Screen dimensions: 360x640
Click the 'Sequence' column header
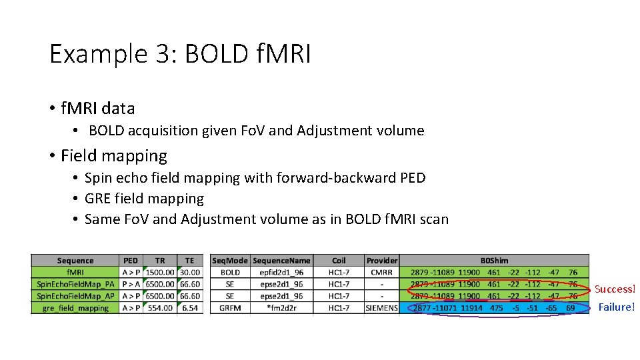coord(75,261)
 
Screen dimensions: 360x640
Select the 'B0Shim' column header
coord(494,261)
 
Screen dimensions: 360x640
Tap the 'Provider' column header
coord(382,261)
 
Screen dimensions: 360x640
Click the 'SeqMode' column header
coord(230,261)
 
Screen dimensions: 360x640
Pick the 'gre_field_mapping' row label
coord(75,308)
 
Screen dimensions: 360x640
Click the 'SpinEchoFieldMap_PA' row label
coord(75,284)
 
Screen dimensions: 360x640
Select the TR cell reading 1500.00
coord(160,272)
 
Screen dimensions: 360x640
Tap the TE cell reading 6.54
coord(190,308)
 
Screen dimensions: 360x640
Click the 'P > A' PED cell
coord(131,284)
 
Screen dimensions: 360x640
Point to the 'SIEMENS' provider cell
coord(382,308)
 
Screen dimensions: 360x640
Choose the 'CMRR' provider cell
coord(382,272)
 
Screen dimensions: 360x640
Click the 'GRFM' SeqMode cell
coord(230,308)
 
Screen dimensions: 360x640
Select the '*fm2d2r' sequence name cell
coord(281,308)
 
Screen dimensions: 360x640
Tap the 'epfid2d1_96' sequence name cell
coord(281,272)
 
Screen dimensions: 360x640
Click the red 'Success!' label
coord(615,289)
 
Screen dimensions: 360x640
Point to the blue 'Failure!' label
coord(616,307)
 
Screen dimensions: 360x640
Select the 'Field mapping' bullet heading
coord(114,156)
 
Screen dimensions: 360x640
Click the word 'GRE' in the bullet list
coord(98,199)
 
